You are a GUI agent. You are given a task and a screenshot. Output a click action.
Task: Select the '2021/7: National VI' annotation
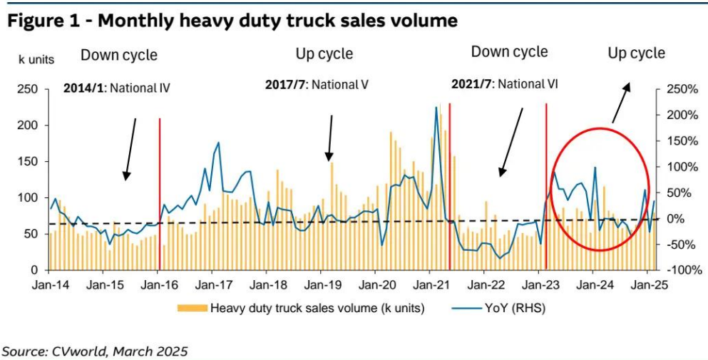[x=504, y=84]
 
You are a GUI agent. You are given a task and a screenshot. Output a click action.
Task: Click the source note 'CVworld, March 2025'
[x=96, y=351]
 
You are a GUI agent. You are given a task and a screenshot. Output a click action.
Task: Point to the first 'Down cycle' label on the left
[x=118, y=55]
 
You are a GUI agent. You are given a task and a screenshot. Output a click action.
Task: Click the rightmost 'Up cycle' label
[x=636, y=53]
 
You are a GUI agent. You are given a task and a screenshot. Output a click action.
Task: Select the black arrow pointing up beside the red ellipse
[x=621, y=101]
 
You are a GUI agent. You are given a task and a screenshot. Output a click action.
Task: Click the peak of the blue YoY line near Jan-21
[x=436, y=108]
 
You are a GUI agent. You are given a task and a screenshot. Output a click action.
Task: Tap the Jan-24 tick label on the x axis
[x=592, y=285]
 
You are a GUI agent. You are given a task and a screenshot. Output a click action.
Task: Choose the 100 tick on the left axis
[x=28, y=197]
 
